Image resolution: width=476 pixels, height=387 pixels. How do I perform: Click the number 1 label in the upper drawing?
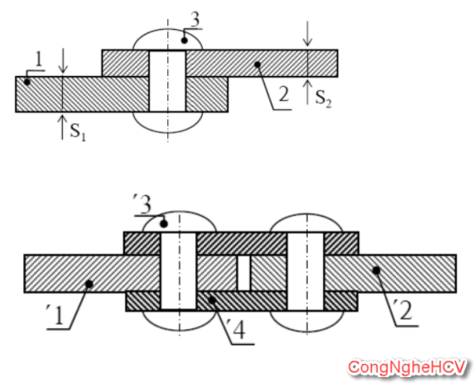[38, 60]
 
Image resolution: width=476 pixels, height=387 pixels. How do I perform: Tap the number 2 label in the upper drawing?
[284, 94]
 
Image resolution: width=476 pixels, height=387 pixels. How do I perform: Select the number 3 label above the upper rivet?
[195, 20]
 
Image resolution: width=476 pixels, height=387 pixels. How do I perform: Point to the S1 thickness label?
[78, 132]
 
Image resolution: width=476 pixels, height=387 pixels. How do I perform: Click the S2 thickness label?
[324, 98]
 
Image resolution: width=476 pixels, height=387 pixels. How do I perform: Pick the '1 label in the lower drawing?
[55, 315]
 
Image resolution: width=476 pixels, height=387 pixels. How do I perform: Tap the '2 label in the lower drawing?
[404, 311]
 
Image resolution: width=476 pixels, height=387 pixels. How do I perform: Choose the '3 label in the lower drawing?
[142, 204]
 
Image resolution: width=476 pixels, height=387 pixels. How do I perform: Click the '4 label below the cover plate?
[236, 332]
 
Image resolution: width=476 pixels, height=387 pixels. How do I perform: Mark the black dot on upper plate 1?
[27, 82]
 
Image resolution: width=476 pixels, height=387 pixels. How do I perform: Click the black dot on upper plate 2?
[257, 64]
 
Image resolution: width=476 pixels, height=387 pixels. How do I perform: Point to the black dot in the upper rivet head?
[185, 41]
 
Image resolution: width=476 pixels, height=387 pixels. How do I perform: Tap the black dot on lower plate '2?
[377, 270]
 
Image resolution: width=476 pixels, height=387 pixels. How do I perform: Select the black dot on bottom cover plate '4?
[212, 300]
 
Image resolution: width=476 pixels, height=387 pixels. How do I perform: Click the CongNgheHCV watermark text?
[406, 367]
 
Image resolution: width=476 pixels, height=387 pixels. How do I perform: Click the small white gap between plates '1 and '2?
[243, 273]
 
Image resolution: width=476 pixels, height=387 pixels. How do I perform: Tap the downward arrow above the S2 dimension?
[307, 33]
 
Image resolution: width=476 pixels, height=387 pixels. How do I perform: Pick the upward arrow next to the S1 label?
[62, 127]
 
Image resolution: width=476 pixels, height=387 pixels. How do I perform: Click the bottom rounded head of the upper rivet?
[167, 122]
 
